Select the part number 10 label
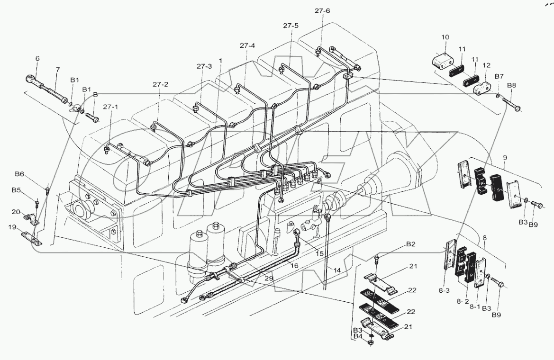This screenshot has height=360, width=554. coord(445,37)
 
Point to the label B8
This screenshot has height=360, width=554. coord(512,86)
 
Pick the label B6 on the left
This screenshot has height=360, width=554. coord(19,174)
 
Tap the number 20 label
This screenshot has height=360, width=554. coord(16,211)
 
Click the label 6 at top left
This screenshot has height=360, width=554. coord(37,58)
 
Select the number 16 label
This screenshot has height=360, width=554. coord(294,266)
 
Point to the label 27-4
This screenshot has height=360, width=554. coord(247,45)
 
